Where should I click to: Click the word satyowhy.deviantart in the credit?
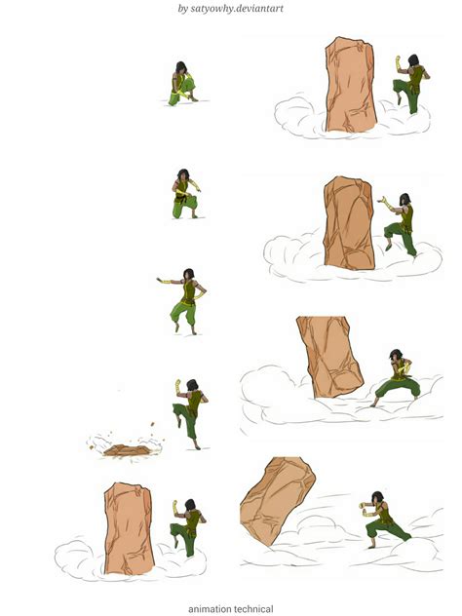241,9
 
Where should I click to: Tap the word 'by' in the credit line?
183,9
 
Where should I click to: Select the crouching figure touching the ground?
181,85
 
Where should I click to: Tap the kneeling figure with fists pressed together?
183,194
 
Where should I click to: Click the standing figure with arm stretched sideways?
183,297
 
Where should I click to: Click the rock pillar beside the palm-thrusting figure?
349,223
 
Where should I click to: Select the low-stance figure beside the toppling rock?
384,518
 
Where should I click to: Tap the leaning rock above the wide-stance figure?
329,355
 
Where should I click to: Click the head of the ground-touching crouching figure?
181,69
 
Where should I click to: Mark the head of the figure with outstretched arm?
188,272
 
